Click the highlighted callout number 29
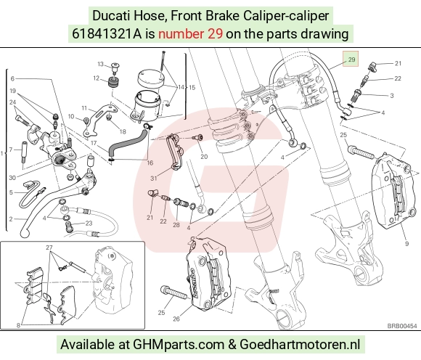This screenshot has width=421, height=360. (351, 60)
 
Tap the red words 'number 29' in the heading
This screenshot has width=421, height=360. (190, 34)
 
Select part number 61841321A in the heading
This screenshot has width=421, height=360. (107, 34)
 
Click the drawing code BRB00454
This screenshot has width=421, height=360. (402, 326)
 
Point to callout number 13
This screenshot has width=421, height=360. (100, 64)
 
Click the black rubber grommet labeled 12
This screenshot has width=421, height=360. (114, 81)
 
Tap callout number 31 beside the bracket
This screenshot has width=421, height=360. (154, 179)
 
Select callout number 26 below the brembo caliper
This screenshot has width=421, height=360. (176, 319)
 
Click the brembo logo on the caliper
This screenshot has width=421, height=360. (196, 282)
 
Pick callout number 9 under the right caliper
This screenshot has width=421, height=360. (406, 243)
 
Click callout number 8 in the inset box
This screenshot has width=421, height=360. (18, 325)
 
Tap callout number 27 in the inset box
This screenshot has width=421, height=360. (49, 247)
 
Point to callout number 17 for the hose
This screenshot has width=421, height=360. (94, 143)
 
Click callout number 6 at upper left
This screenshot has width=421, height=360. (12, 78)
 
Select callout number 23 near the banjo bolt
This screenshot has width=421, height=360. (89, 223)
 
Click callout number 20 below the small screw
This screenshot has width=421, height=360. (204, 157)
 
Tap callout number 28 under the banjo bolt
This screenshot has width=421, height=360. (176, 224)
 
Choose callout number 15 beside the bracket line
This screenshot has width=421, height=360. (192, 88)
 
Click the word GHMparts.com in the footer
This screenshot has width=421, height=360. (179, 345)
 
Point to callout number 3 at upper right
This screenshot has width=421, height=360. (392, 96)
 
